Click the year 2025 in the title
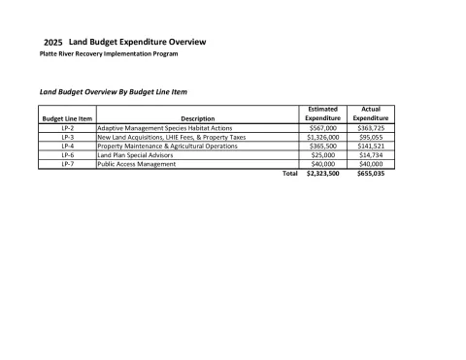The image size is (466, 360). pyautogui.click(x=54, y=44)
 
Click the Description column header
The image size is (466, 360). pyautogui.click(x=197, y=118)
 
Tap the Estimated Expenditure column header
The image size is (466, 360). pyautogui.click(x=322, y=115)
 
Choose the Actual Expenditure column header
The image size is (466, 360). pyautogui.click(x=370, y=115)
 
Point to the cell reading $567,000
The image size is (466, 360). pyautogui.click(x=322, y=128)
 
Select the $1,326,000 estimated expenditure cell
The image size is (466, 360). pyautogui.click(x=322, y=137)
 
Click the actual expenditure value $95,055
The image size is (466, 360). pyautogui.click(x=371, y=137)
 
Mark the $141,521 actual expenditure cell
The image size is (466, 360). pyautogui.click(x=371, y=146)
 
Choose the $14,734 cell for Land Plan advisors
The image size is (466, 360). pyautogui.click(x=371, y=155)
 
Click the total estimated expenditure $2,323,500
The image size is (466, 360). pyautogui.click(x=322, y=174)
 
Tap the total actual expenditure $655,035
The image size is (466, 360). pyautogui.click(x=371, y=174)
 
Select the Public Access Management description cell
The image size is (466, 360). pyautogui.click(x=137, y=164)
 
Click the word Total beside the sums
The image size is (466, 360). pyautogui.click(x=289, y=174)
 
